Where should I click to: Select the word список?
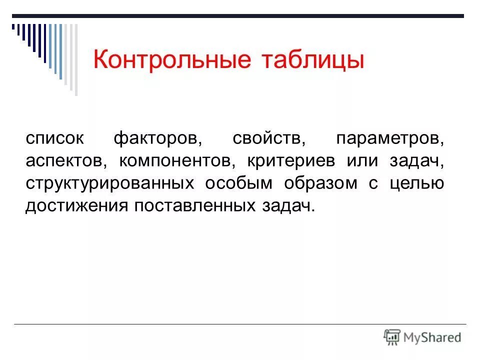55,138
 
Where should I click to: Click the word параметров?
390,138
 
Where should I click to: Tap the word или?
361,161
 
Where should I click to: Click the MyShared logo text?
432,337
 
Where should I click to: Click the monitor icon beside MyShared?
392,336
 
